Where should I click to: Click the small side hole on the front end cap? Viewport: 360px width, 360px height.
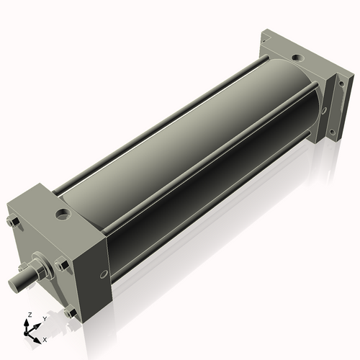point(104,274)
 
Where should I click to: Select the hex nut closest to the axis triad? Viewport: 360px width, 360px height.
point(69,312)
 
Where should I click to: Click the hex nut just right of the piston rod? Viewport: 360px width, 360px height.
point(62,265)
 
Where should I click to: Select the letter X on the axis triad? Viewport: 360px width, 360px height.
point(45,338)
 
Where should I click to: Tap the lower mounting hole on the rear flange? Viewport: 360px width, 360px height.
point(332,132)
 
